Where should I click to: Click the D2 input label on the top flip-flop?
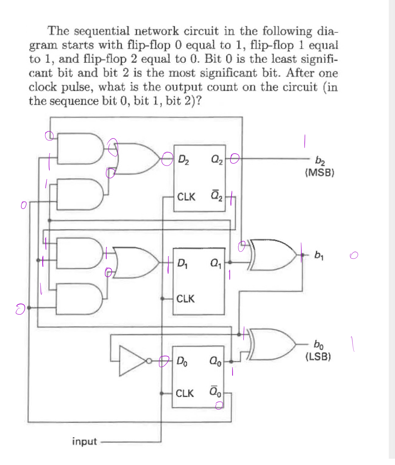click(183, 160)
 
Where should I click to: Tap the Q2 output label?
click(217, 160)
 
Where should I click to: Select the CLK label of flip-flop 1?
click(185, 299)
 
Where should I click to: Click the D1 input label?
click(182, 263)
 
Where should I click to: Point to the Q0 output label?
click(216, 361)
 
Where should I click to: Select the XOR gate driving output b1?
click(273, 255)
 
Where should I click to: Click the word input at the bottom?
click(84, 441)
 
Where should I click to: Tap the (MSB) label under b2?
click(319, 172)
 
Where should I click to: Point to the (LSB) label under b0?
click(318, 356)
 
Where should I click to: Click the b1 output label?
click(319, 255)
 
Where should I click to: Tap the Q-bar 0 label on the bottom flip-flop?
click(216, 391)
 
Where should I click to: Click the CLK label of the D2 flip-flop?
click(186, 197)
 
